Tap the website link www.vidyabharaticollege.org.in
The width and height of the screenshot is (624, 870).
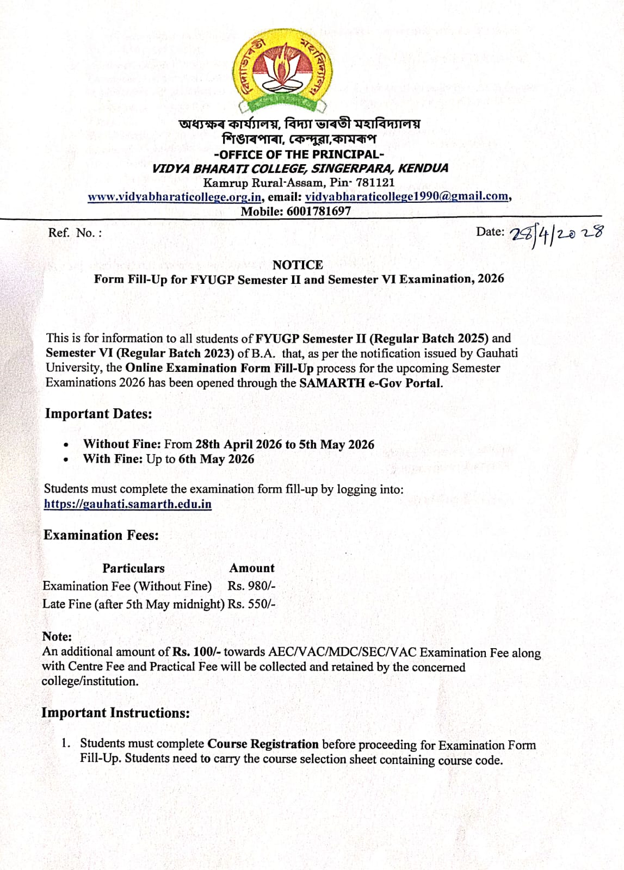click(175, 197)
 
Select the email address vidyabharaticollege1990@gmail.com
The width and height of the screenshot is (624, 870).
click(406, 196)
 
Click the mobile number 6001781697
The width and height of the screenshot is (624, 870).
click(319, 211)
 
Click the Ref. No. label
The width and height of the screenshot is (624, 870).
click(75, 233)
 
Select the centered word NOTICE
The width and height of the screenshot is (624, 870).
click(298, 265)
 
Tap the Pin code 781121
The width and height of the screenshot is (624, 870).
click(375, 183)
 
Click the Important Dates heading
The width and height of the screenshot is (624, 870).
click(98, 414)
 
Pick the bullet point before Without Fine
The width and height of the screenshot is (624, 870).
click(66, 445)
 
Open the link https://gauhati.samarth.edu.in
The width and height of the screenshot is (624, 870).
click(128, 504)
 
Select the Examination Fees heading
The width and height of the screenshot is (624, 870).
click(101, 535)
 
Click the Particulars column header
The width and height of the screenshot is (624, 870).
click(133, 568)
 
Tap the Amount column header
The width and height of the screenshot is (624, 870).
click(252, 568)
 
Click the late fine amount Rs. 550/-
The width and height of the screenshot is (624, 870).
click(251, 604)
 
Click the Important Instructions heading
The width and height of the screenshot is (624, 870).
click(116, 713)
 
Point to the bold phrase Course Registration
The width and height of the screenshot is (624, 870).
click(263, 744)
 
